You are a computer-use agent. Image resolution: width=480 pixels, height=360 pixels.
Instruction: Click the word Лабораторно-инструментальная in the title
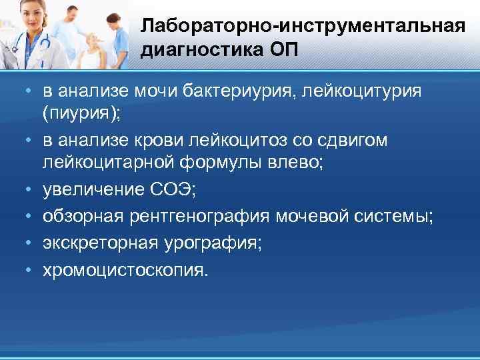click(x=302, y=27)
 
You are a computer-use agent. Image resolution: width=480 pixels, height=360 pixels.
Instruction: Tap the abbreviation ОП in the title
click(x=279, y=51)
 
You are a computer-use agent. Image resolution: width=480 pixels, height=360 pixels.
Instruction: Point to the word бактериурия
click(x=225, y=90)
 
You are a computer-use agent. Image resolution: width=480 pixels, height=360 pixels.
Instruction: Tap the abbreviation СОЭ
click(x=175, y=191)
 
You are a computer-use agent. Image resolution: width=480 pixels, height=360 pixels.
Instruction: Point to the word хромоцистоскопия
click(x=125, y=270)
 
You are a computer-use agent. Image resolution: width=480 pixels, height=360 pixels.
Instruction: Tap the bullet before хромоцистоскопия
click(x=31, y=270)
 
